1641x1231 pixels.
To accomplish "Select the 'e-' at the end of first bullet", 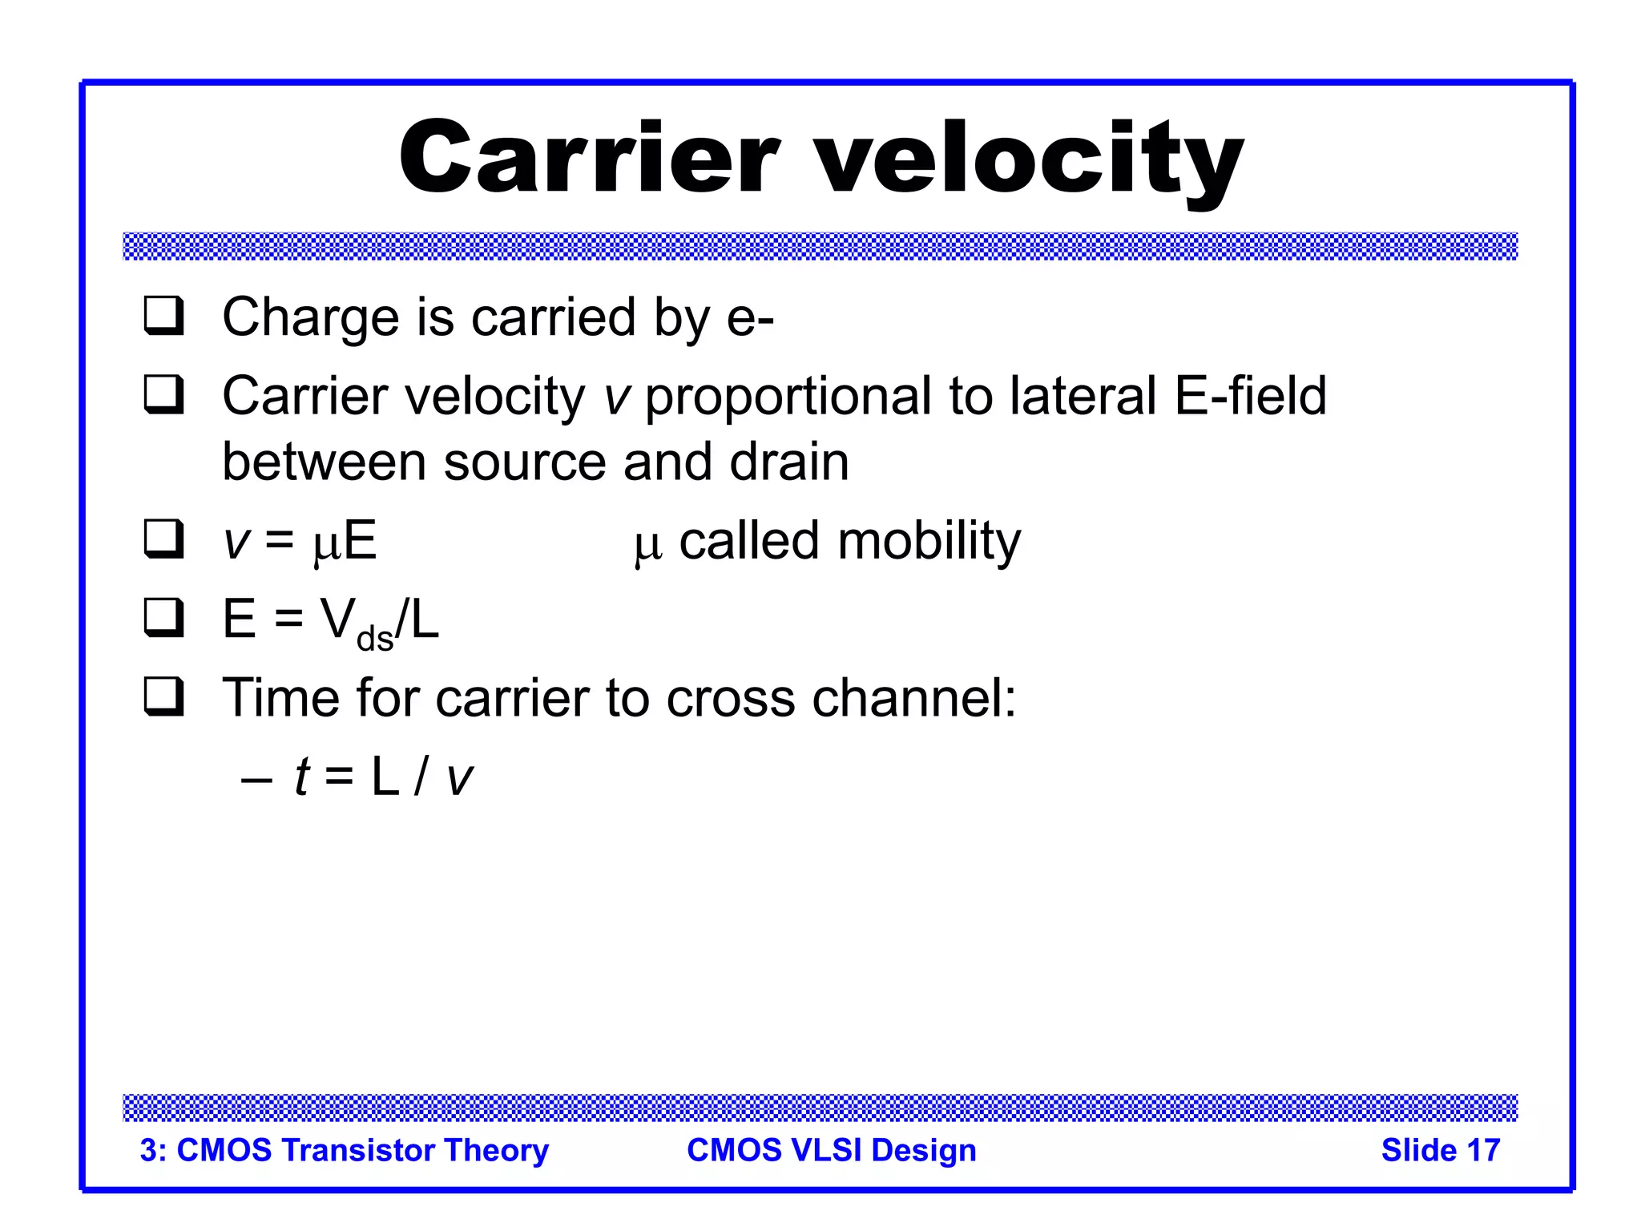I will pos(750,318).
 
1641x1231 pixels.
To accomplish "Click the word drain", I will pos(788,462).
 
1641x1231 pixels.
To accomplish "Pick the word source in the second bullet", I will pos(524,462).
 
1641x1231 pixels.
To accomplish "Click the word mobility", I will pos(929,541).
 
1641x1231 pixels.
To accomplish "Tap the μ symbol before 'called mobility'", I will pos(647,546).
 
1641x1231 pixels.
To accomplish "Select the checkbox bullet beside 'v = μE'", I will pos(163,539).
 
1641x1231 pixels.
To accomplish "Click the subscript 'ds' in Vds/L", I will pos(374,639).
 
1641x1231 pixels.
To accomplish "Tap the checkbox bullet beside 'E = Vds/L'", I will pos(163,617).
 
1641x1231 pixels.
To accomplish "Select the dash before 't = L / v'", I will pos(256,778).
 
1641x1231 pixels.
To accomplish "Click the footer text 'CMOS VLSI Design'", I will pos(831,1150).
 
